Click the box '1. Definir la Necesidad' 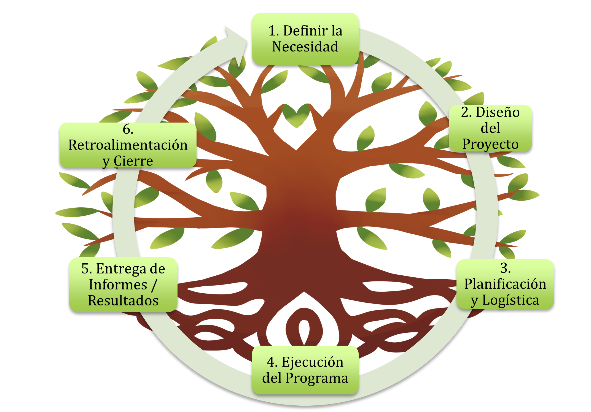pos(305,39)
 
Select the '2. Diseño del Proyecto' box pos(490,128)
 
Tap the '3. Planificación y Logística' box pos(505,284)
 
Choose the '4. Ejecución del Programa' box pos(305,370)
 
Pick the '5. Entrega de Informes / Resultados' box pos(123,284)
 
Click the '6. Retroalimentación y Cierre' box pos(128,145)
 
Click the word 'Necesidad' pos(305,47)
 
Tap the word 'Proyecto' pos(490,144)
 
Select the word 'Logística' pos(511,300)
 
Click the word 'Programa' pos(317,378)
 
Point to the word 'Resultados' pos(123,300)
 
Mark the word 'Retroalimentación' pos(128,145)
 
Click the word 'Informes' pos(118,284)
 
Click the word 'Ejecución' pos(313,362)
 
